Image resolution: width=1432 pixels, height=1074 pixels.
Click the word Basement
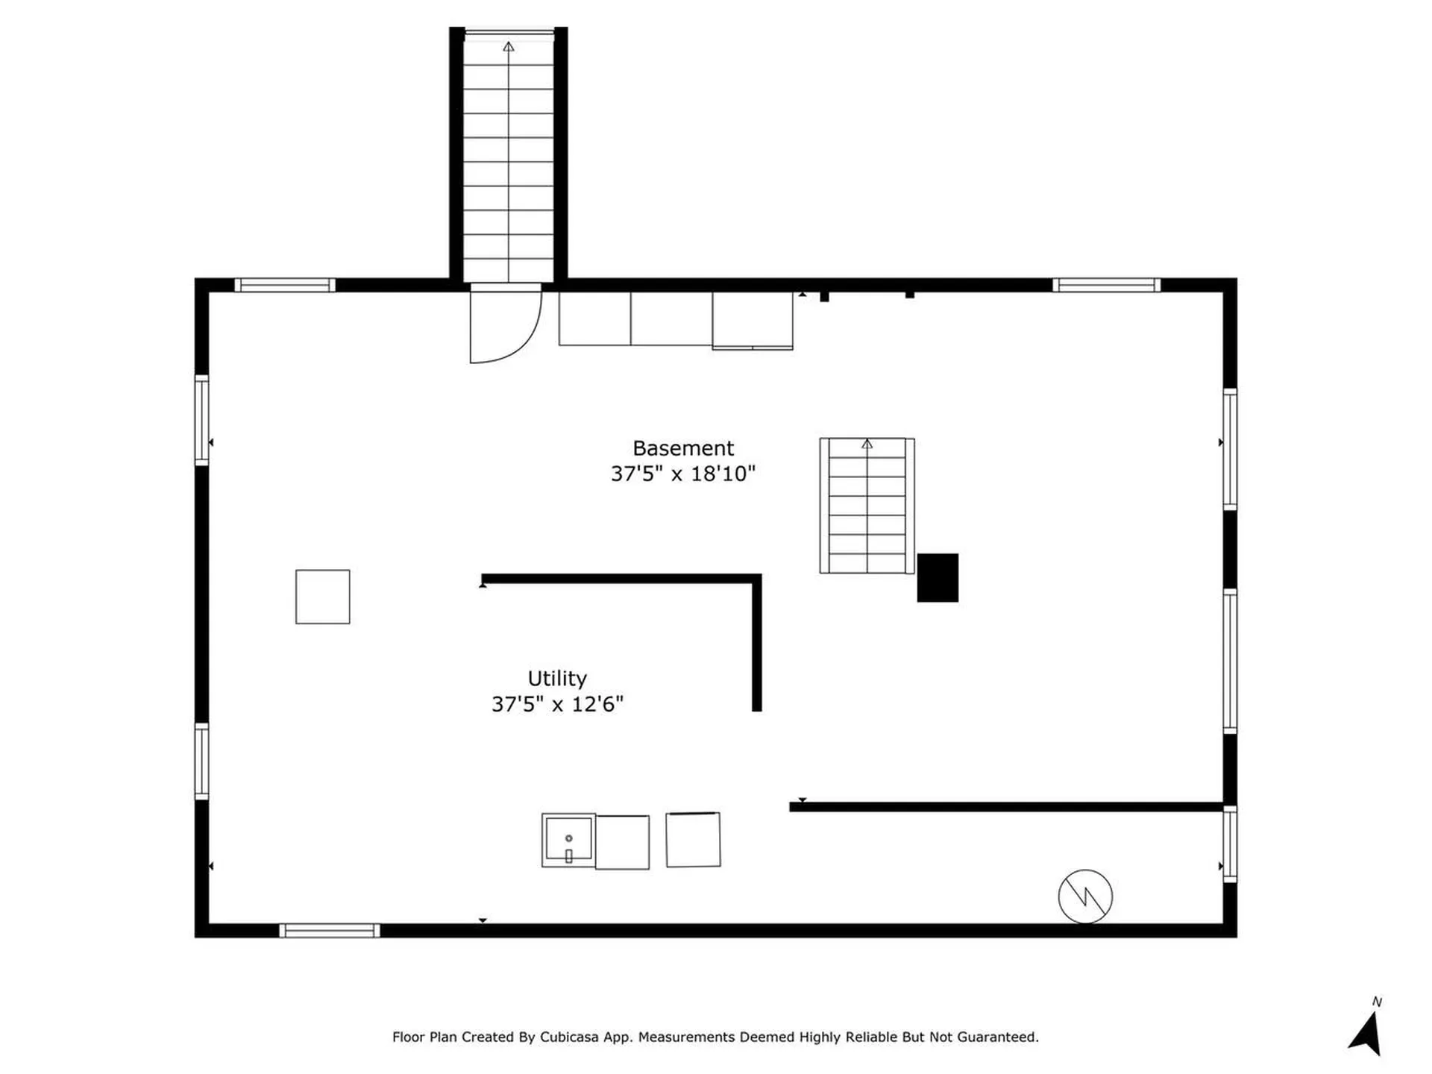(683, 448)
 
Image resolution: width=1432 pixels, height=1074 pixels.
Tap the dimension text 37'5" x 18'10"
(683, 474)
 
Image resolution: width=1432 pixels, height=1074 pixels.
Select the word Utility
(557, 679)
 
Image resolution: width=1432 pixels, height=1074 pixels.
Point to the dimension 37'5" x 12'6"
(557, 704)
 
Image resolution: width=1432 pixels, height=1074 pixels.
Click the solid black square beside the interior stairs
(938, 577)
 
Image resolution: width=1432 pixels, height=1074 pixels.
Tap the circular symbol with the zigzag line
(1085, 896)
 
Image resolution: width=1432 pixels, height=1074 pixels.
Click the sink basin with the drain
(568, 840)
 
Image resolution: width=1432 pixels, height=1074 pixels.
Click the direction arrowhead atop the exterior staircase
(509, 47)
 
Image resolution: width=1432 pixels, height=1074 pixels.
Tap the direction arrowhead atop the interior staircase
(867, 445)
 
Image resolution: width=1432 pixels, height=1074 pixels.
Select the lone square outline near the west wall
(322, 597)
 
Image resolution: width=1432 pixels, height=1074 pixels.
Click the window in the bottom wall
(329, 930)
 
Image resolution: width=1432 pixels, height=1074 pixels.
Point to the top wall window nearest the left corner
(285, 285)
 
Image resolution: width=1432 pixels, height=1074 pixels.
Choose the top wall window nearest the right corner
(1106, 285)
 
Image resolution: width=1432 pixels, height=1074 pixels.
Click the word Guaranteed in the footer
(997, 1037)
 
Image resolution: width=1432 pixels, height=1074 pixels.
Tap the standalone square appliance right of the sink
(693, 840)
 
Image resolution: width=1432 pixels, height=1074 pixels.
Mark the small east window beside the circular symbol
(1230, 844)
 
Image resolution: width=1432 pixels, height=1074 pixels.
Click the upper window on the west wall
(201, 420)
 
